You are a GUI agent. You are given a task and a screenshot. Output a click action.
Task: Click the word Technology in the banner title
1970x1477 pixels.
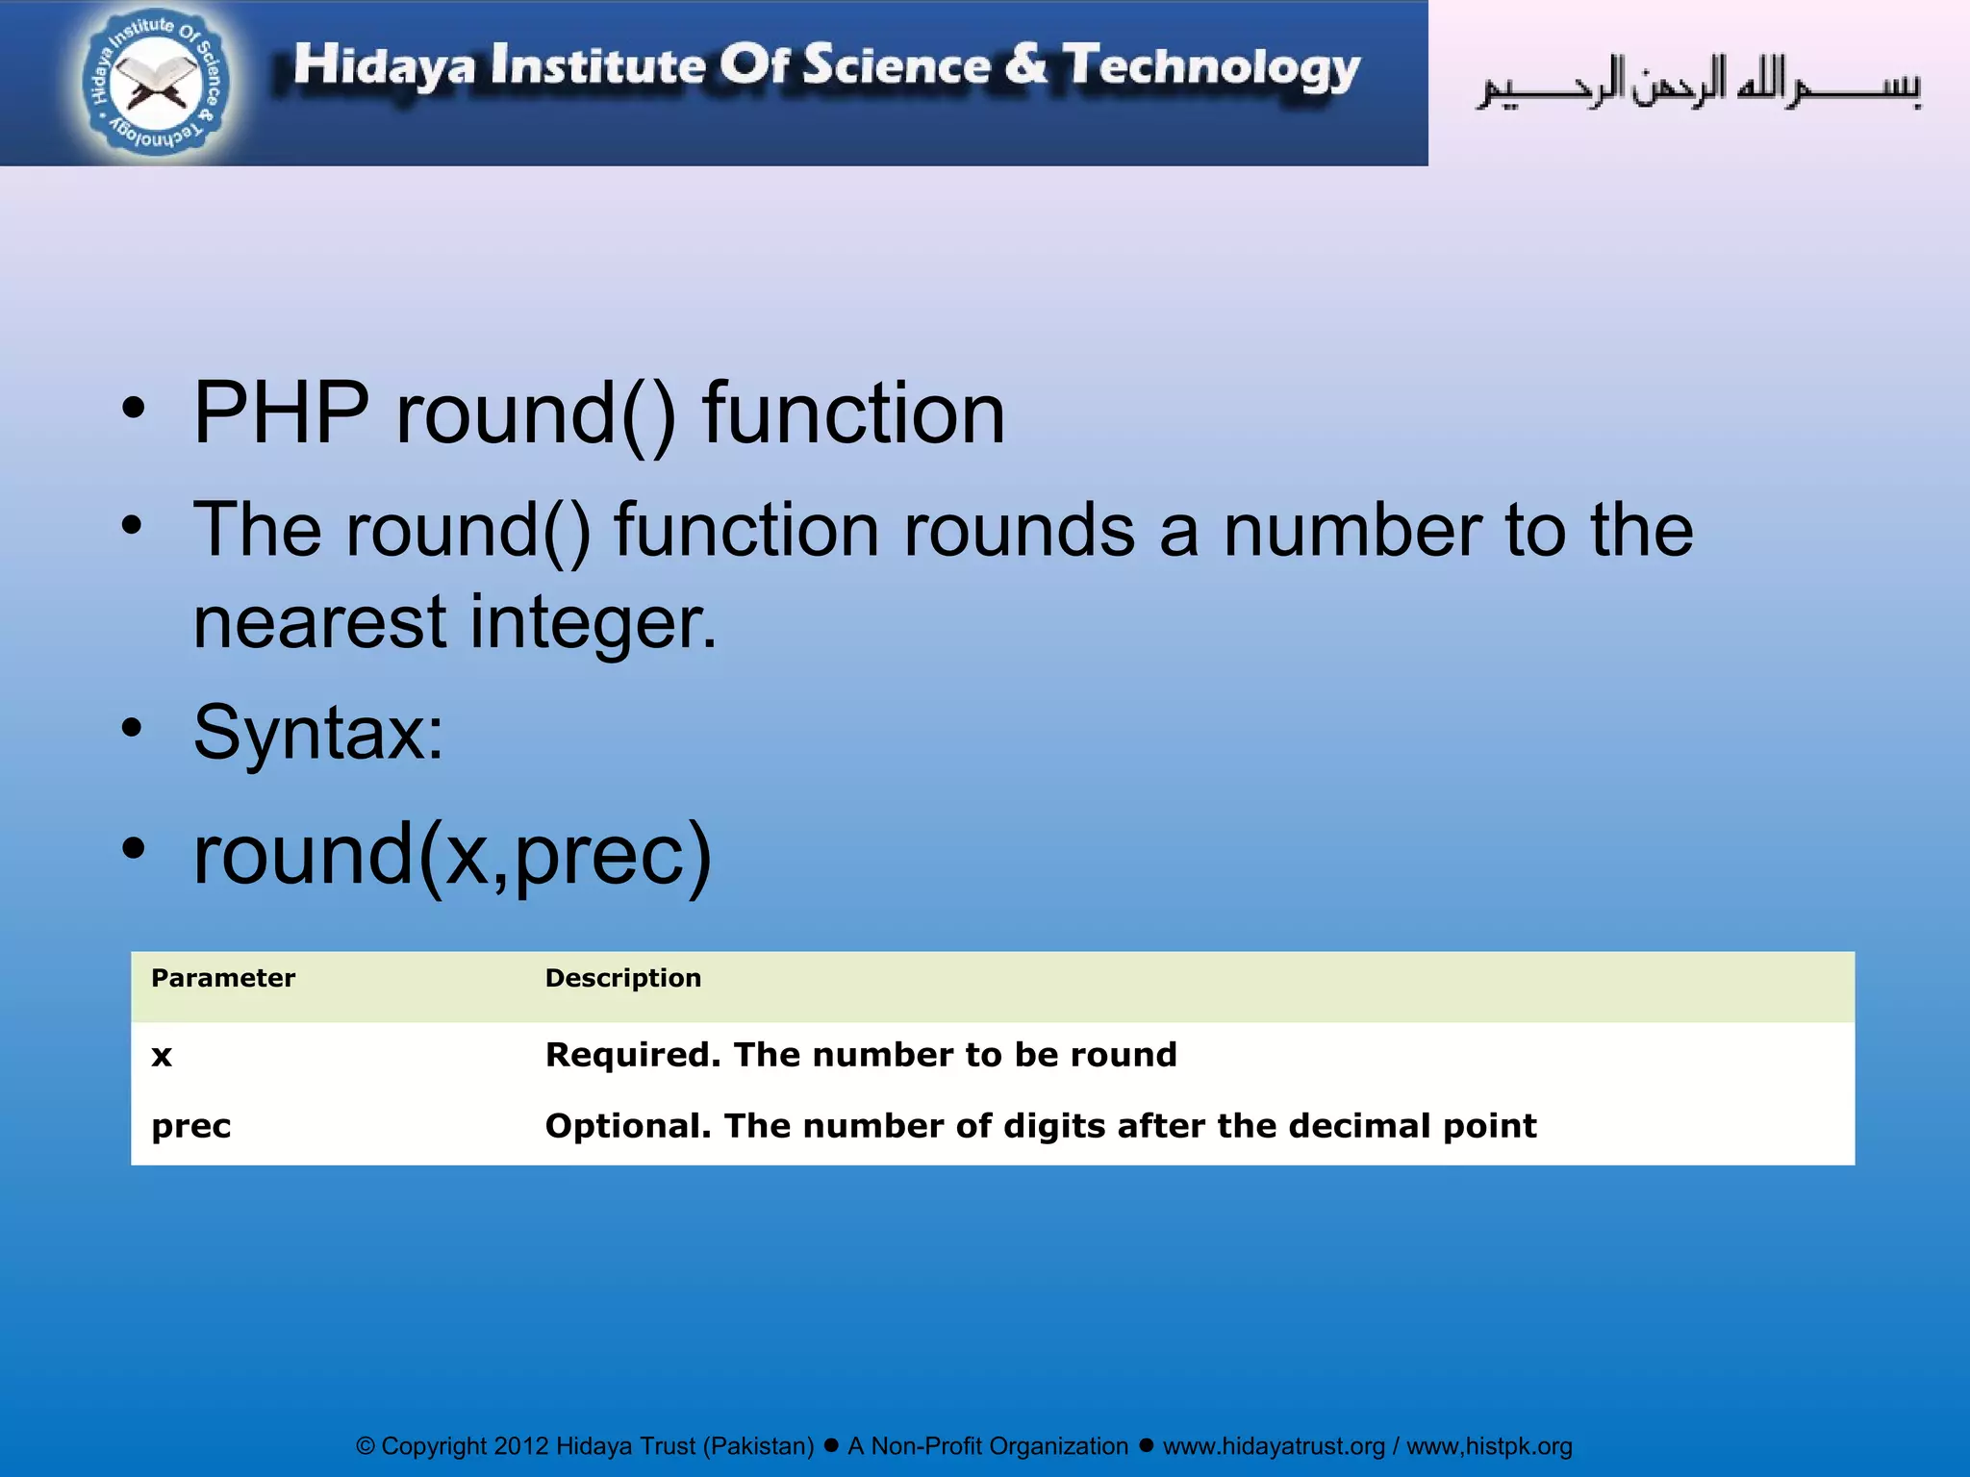click(1211, 67)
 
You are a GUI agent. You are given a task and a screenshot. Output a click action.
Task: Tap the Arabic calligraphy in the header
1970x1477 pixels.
click(1699, 85)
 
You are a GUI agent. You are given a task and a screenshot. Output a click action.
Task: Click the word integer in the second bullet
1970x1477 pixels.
click(593, 622)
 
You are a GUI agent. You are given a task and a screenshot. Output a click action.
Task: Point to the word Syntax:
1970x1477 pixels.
click(318, 733)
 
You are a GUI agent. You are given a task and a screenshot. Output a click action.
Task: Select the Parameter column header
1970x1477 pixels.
click(223, 978)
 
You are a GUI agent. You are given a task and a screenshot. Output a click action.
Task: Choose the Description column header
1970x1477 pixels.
click(622, 978)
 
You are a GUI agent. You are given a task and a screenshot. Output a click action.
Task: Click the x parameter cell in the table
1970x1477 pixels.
click(162, 1056)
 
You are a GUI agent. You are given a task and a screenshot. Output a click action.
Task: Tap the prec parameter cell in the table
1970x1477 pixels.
click(191, 1126)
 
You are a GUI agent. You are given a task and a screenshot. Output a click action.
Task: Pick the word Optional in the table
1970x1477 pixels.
click(628, 1126)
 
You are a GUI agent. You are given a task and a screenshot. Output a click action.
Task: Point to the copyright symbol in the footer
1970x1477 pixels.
click(366, 1446)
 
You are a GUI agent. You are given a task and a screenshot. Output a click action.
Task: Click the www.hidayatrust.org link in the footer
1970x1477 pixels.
click(1274, 1446)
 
